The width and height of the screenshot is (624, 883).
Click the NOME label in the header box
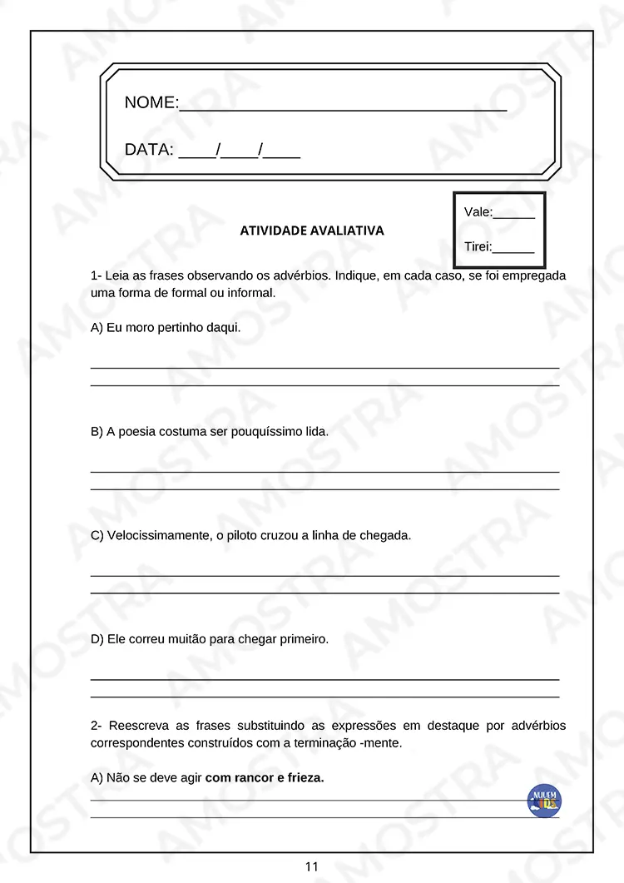[x=150, y=103]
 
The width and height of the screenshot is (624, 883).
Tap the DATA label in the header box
[x=148, y=151]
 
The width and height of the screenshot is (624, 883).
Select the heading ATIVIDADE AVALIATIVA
[x=312, y=231]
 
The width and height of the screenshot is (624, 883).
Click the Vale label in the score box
[x=478, y=212]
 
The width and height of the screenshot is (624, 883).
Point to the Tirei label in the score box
[x=478, y=246]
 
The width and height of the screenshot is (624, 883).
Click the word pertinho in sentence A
[x=182, y=328]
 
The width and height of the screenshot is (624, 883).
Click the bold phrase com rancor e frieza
[x=265, y=777]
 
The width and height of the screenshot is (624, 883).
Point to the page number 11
[x=312, y=866]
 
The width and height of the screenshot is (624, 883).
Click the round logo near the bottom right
[x=544, y=800]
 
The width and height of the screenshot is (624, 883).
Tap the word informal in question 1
[x=250, y=293]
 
